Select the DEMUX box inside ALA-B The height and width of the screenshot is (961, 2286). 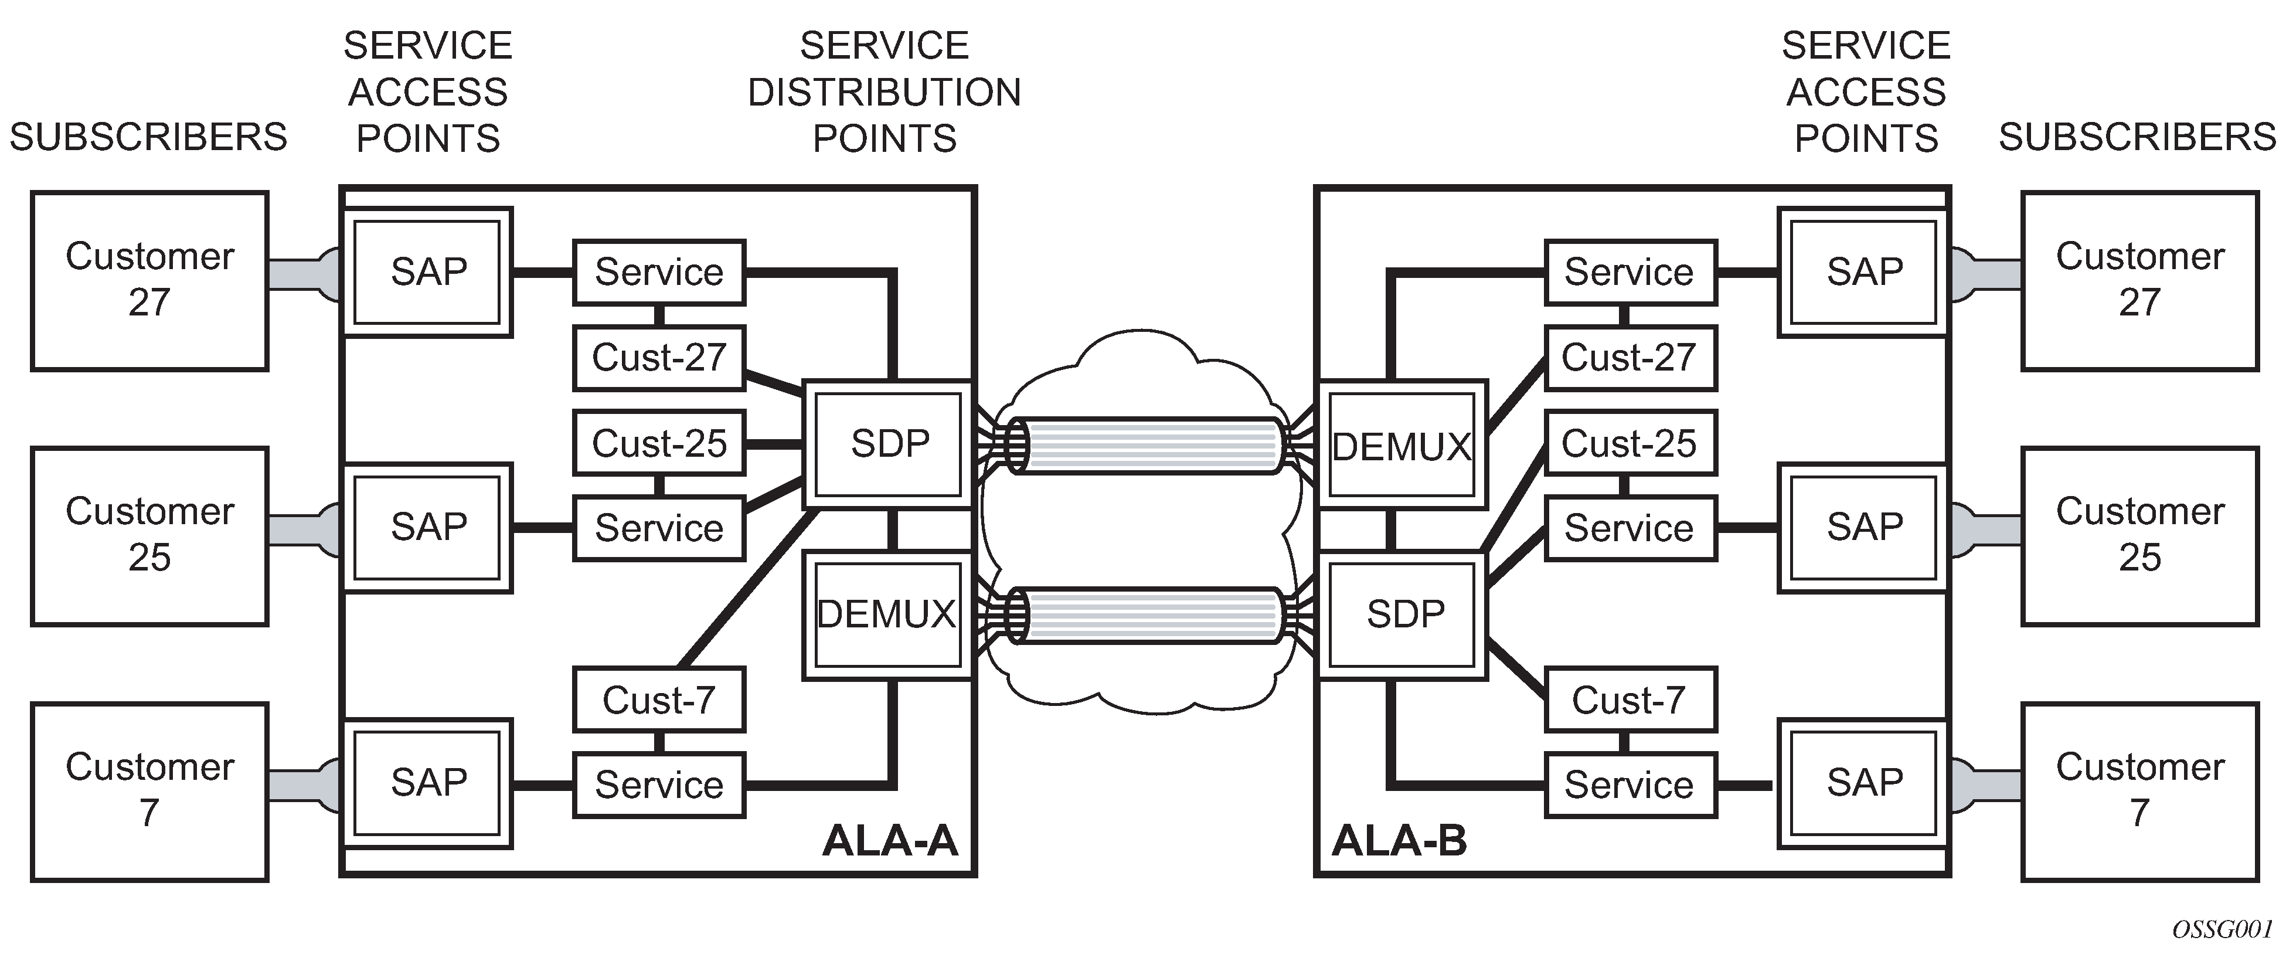click(x=1402, y=446)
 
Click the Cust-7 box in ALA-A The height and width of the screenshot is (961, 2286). click(x=658, y=700)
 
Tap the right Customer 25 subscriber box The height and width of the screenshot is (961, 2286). click(x=2139, y=536)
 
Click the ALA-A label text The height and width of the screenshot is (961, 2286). click(x=890, y=840)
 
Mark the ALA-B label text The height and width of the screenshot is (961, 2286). click(x=1400, y=840)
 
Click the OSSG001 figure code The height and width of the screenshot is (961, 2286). click(x=2221, y=930)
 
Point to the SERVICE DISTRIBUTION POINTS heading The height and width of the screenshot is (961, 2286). click(x=884, y=92)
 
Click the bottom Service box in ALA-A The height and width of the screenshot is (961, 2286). click(x=658, y=785)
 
